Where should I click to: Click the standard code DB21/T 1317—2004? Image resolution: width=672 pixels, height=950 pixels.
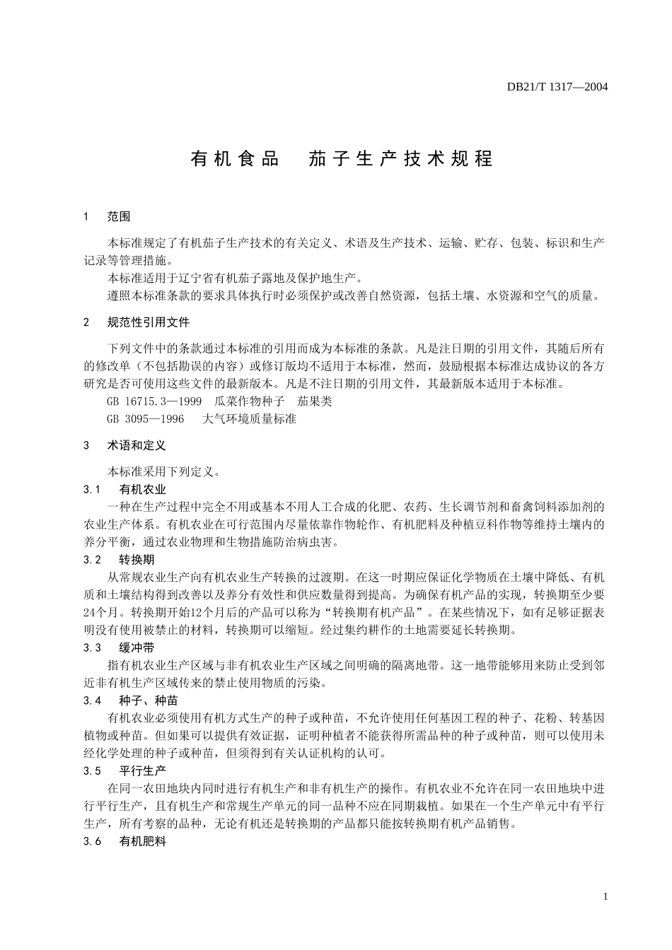pyautogui.click(x=557, y=87)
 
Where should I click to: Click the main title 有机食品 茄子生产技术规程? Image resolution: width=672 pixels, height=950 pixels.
pyautogui.click(x=341, y=159)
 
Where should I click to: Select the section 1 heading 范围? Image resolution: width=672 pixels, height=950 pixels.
pyautogui.click(x=119, y=216)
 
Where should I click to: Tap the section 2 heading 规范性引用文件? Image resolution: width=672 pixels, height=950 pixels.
pyautogui.click(x=149, y=322)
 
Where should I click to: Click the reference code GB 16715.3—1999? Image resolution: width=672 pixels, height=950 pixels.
pyautogui.click(x=154, y=401)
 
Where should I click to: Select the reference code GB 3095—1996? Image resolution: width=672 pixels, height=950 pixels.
pyautogui.click(x=145, y=419)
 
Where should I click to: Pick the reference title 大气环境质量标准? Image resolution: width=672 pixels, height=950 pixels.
pyautogui.click(x=249, y=419)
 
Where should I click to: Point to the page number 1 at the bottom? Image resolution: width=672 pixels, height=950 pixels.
pyautogui.click(x=606, y=897)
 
